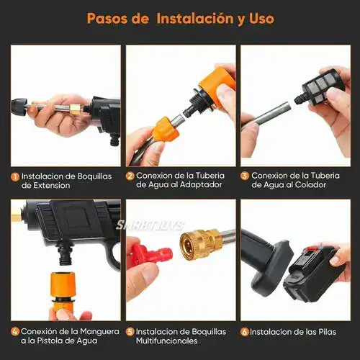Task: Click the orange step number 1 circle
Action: pyautogui.click(x=14, y=176)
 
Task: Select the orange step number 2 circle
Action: pyautogui.click(x=130, y=176)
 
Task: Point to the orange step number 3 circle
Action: pyautogui.click(x=245, y=176)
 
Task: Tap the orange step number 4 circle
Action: pyautogui.click(x=14, y=332)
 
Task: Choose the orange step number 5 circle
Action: pyautogui.click(x=130, y=332)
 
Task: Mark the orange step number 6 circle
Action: pyautogui.click(x=245, y=332)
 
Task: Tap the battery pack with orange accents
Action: pyautogui.click(x=310, y=270)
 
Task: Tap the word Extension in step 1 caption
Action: pyautogui.click(x=46, y=185)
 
